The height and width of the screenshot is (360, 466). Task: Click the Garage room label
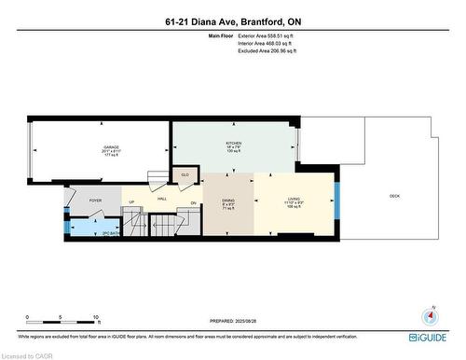click(x=110, y=147)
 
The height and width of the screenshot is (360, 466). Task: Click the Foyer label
click(x=95, y=200)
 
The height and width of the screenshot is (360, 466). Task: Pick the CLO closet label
click(x=185, y=174)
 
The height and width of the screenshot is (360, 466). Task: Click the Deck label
click(x=394, y=196)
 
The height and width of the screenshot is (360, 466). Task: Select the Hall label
click(x=161, y=199)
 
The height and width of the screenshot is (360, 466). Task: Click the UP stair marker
click(x=131, y=203)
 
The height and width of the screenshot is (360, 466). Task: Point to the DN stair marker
click(x=193, y=203)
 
